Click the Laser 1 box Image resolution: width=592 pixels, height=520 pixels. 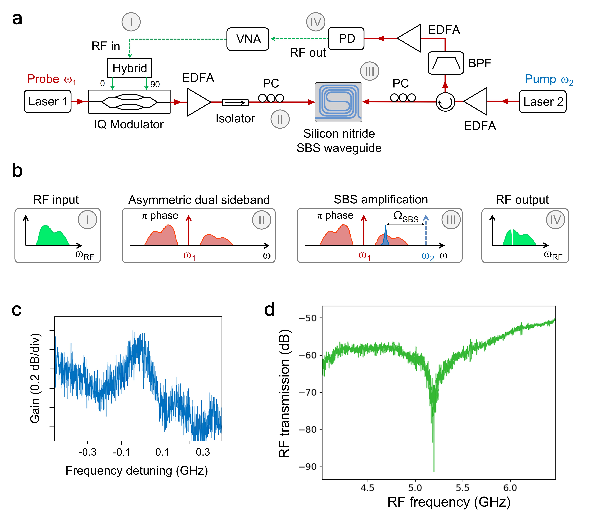point(47,101)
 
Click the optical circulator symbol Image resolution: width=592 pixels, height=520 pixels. point(445,102)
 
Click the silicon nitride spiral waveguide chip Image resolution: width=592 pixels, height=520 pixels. point(338,102)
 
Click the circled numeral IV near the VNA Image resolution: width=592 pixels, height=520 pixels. point(315,22)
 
